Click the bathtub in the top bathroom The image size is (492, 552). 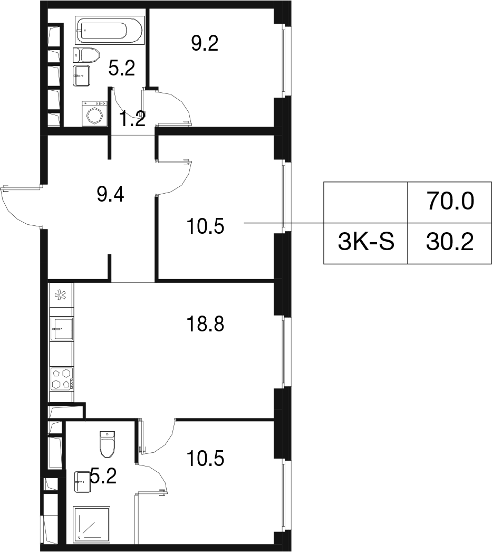tap(109, 30)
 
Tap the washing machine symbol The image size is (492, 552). tap(94, 113)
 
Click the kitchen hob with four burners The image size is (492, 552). tap(62, 378)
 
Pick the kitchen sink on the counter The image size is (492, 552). tap(62, 329)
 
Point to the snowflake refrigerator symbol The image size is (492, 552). tap(62, 294)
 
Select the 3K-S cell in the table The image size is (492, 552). tap(366, 243)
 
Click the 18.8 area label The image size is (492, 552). tap(205, 324)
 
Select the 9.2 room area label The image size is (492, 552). tap(205, 43)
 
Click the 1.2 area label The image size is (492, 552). tap(132, 119)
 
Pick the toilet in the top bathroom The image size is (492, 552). tap(86, 55)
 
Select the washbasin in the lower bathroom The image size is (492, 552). tap(83, 482)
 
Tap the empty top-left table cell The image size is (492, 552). tap(366, 203)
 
